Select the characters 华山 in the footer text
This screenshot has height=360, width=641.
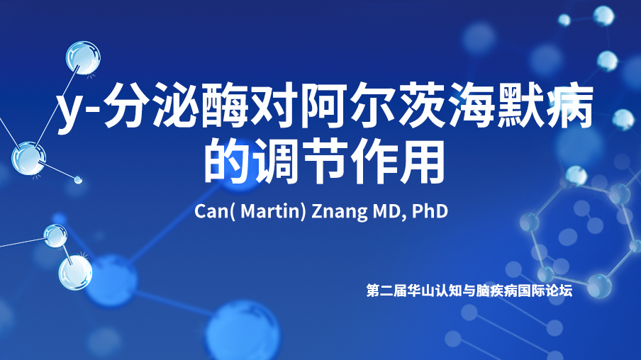click(x=421, y=291)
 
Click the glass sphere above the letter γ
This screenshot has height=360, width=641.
click(x=84, y=57)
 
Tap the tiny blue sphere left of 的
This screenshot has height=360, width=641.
click(x=78, y=179)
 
